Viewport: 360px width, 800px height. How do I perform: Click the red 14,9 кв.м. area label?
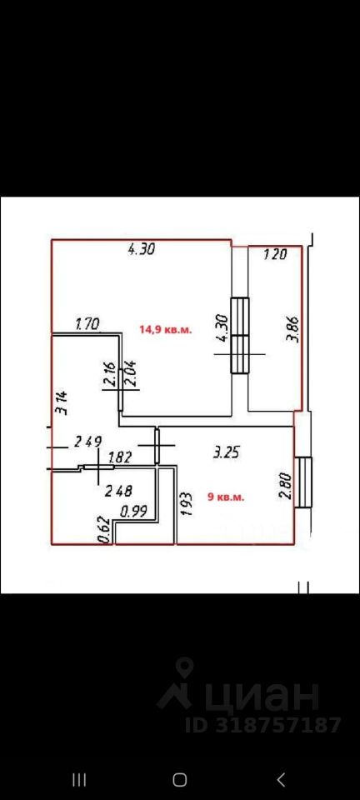(166, 330)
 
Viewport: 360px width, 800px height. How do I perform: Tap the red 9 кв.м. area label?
(226, 497)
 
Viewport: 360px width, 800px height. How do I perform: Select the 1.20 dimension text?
(276, 253)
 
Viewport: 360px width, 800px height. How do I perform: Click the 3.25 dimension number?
(226, 452)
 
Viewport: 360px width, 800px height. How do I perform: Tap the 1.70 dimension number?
(87, 323)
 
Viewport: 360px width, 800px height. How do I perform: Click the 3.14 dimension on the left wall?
(63, 404)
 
